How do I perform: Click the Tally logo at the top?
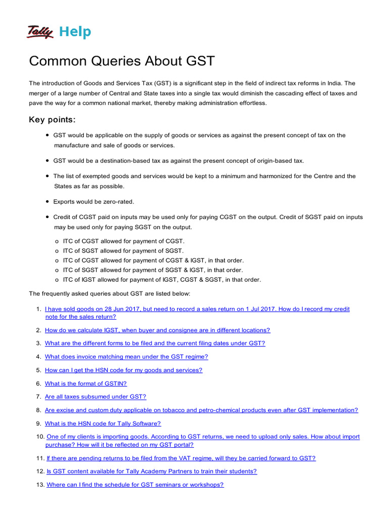40,32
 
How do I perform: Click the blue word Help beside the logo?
75,32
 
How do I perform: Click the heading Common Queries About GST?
122,61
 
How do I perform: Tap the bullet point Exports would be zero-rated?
93,201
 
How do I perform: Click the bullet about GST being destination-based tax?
178,160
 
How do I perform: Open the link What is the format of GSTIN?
86,383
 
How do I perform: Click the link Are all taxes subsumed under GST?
95,397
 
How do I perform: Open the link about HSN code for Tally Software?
103,423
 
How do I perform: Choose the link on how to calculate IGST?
158,330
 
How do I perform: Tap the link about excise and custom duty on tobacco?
202,410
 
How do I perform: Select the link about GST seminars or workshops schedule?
135,485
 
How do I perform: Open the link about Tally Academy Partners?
152,471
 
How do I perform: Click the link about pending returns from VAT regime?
181,458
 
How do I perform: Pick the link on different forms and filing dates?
155,343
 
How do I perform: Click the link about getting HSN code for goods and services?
124,370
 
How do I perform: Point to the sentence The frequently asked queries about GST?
110,293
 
